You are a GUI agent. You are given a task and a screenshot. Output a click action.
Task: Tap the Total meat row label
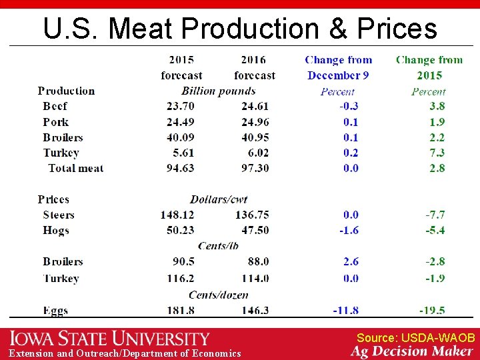point(75,168)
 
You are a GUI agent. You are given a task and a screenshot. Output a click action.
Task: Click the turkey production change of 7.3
point(437,153)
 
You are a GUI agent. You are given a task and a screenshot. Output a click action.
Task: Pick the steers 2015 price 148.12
point(177,215)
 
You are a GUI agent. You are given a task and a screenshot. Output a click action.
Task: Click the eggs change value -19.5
point(432,311)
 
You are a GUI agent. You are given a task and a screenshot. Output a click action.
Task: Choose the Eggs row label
point(55,311)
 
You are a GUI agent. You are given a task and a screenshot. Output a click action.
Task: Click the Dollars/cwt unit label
point(218,199)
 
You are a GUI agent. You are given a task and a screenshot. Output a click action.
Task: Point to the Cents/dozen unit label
point(218,295)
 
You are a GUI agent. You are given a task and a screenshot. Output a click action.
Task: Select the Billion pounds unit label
point(218,91)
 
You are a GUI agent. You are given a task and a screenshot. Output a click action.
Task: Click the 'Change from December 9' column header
point(339,67)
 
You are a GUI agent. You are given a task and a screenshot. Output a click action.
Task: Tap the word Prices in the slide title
point(397,29)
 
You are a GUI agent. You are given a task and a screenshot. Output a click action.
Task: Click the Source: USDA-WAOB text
point(415,338)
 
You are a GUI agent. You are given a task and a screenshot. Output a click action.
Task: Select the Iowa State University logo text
point(109,339)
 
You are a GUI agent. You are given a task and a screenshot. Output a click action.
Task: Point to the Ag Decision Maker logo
point(411,351)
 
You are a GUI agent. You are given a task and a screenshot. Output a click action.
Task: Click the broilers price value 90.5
point(183,261)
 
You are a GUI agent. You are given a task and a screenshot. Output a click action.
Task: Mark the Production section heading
point(66,91)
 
